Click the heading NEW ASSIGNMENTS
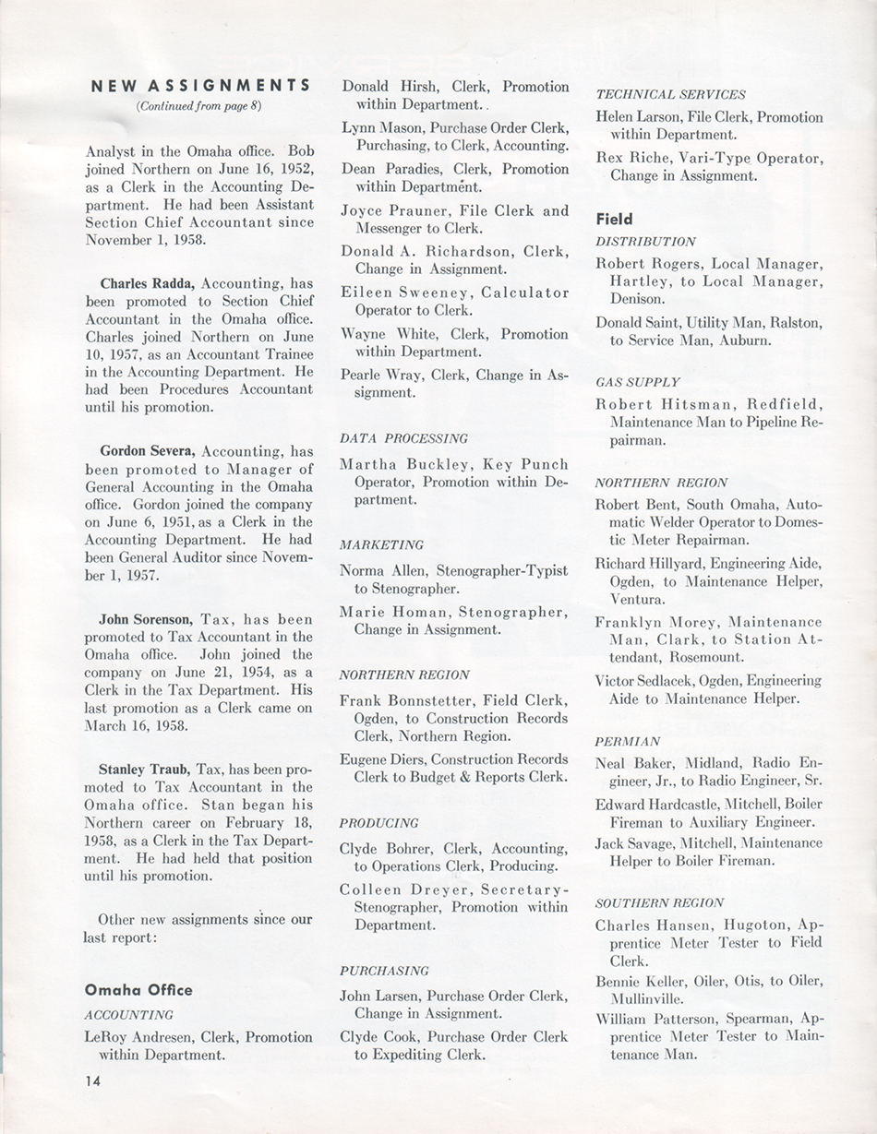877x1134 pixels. click(201, 86)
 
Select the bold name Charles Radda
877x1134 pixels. click(149, 283)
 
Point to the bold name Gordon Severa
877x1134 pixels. click(148, 451)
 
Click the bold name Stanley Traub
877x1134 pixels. click(146, 769)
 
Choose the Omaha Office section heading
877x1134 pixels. click(138, 990)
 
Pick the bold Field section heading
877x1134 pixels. click(614, 219)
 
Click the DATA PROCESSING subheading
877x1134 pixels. click(403, 438)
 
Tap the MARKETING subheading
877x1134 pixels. click(381, 544)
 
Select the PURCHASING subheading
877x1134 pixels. click(384, 971)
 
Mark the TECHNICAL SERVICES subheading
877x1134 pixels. click(670, 94)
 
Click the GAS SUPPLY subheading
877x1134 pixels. click(637, 381)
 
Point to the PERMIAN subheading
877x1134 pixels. click(627, 740)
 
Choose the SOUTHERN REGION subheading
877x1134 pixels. click(659, 902)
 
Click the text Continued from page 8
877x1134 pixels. click(199, 105)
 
